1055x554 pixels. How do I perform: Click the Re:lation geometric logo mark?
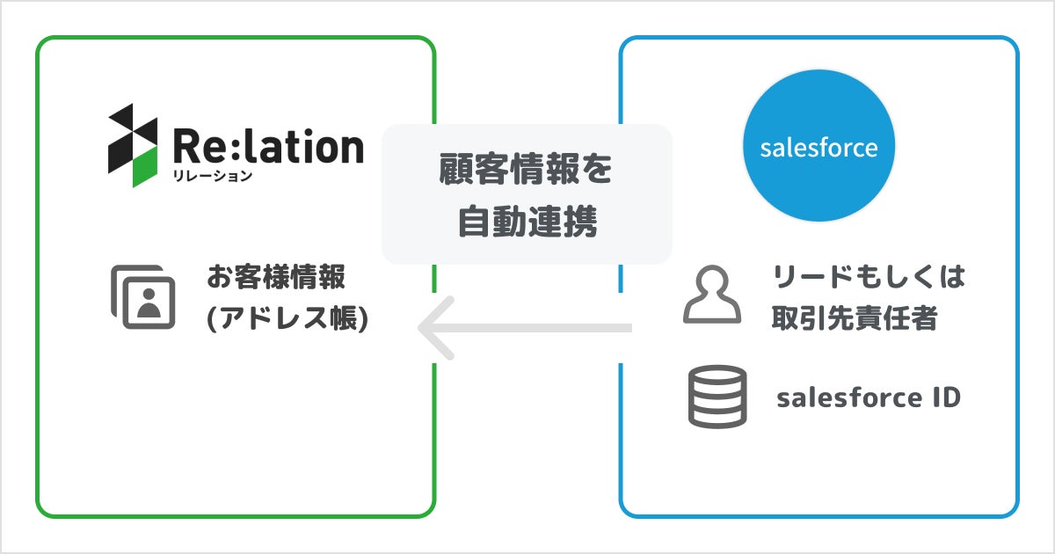[133, 145]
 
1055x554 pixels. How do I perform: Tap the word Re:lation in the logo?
[268, 146]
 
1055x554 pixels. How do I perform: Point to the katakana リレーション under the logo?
[212, 176]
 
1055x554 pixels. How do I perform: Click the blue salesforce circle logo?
[818, 147]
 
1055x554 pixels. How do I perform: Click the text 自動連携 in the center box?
[527, 222]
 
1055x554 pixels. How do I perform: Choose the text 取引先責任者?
[854, 319]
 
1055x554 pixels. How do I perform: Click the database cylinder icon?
[717, 397]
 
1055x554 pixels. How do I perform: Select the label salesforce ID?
[869, 397]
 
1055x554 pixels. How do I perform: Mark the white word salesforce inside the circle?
[818, 147]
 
